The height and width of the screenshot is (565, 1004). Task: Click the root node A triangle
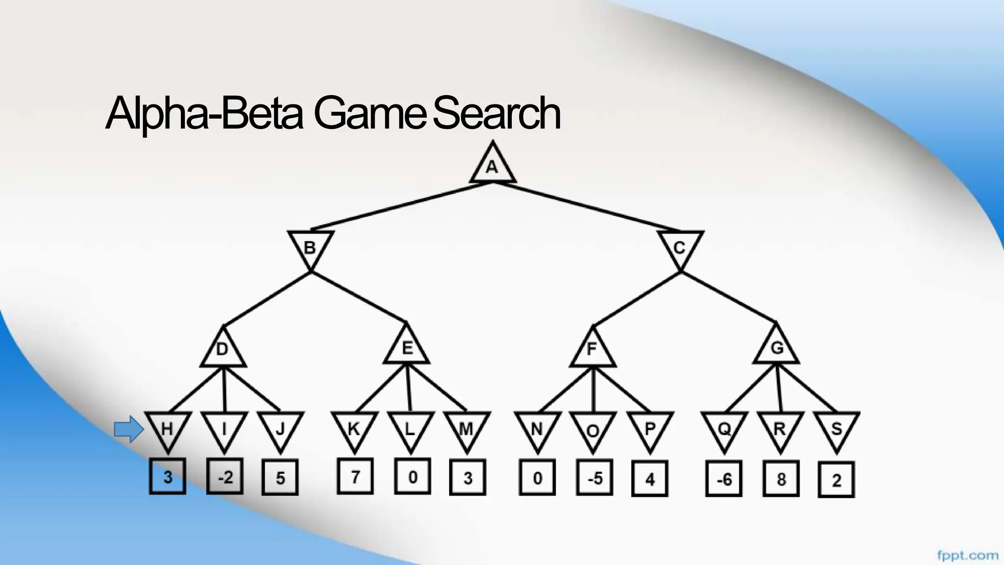point(492,166)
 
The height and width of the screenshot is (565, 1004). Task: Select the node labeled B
point(310,247)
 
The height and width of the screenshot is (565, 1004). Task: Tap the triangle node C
point(679,247)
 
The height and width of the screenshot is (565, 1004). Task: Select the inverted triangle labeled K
point(354,430)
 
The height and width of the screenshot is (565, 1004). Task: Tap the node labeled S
point(836,430)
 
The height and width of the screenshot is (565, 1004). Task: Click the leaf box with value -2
point(225,476)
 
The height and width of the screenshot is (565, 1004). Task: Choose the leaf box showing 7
point(355,476)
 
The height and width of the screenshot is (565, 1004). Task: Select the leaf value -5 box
point(594,478)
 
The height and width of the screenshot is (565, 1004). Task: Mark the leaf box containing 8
point(781,479)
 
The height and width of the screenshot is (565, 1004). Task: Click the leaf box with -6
point(724,479)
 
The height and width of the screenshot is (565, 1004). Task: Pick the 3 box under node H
point(168,476)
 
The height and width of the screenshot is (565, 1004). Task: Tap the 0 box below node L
point(412,476)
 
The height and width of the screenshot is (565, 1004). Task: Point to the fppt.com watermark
point(967,556)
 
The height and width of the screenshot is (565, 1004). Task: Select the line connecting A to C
point(586,206)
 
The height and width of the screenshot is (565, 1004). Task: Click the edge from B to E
point(358,297)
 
